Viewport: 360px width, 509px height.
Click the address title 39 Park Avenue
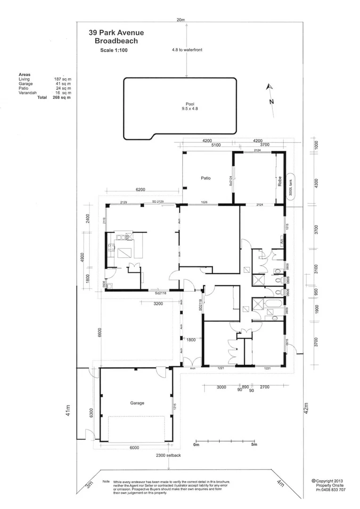click(x=116, y=33)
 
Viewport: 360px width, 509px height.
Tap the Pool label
click(x=190, y=104)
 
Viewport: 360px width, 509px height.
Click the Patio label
click(x=205, y=178)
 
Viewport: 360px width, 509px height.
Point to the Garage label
click(x=137, y=403)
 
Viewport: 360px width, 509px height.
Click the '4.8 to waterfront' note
click(x=187, y=49)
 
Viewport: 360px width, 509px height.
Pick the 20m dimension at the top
click(x=180, y=20)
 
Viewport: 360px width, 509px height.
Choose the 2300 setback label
click(x=168, y=456)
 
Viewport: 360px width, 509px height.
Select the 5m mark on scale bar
click(x=254, y=444)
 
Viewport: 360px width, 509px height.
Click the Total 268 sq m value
click(x=61, y=97)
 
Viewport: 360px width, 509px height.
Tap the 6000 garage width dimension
click(x=134, y=448)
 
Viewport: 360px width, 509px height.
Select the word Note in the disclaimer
click(x=106, y=482)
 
